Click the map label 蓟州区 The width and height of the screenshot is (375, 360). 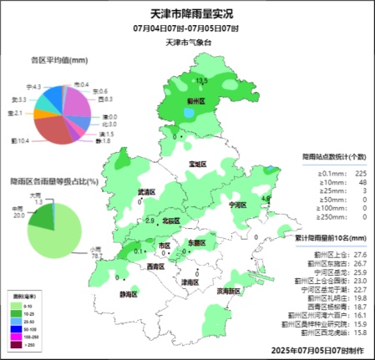(x=196, y=101)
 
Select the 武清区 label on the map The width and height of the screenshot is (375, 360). (x=148, y=193)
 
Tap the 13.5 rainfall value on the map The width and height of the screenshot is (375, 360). (x=200, y=80)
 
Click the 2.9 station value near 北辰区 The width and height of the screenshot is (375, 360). (x=149, y=221)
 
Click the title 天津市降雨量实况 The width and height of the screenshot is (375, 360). (x=186, y=13)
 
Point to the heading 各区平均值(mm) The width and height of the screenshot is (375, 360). (x=59, y=61)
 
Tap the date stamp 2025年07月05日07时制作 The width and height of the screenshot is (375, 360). (x=318, y=348)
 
